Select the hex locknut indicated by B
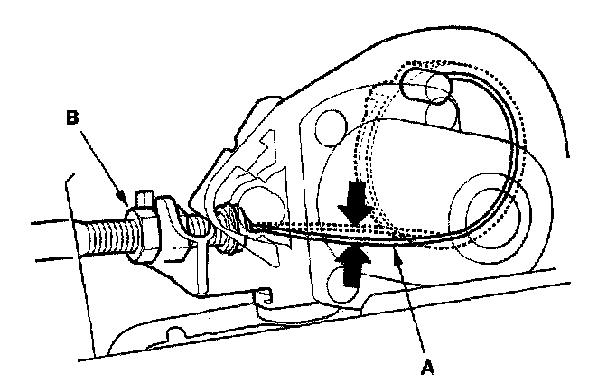(x=145, y=231)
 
